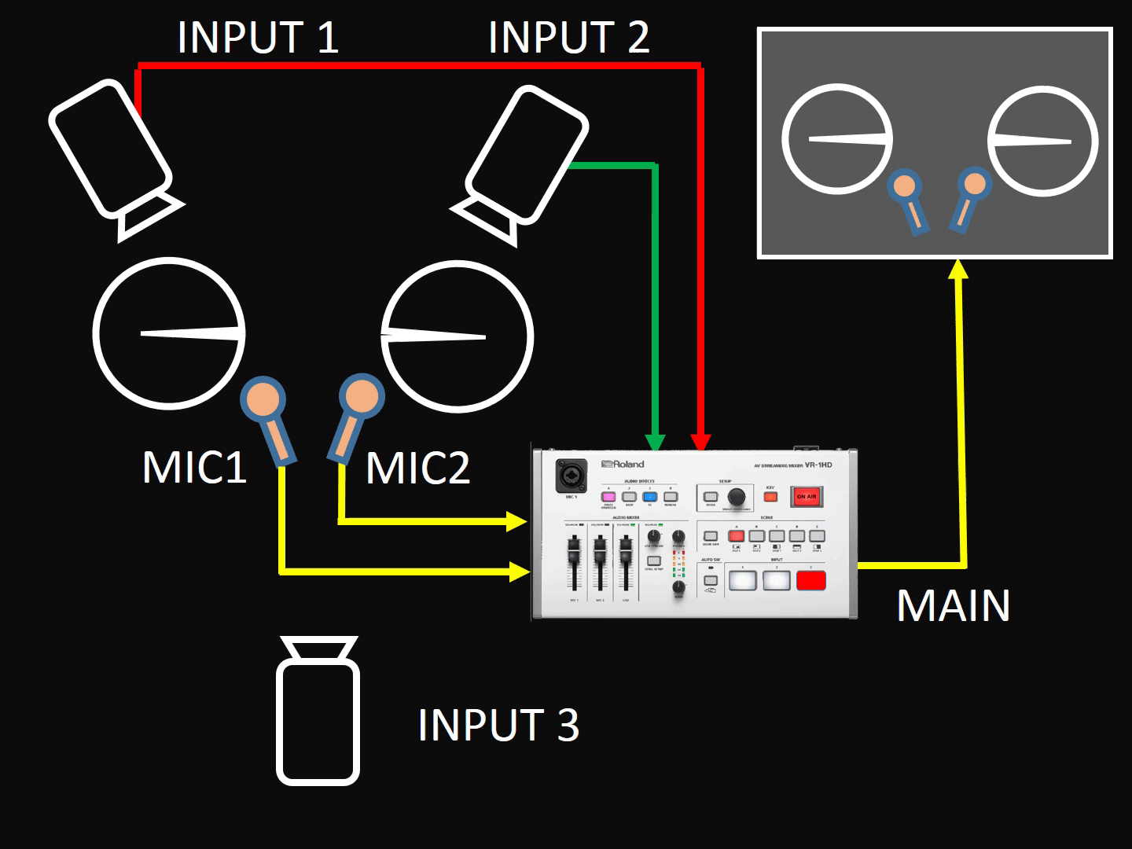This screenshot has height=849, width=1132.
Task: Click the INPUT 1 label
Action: pyautogui.click(x=258, y=38)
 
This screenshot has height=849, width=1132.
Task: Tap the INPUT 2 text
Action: pyautogui.click(x=568, y=38)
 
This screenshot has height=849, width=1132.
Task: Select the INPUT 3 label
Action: pyautogui.click(x=498, y=725)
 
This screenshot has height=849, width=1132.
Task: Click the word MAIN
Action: pyautogui.click(x=953, y=605)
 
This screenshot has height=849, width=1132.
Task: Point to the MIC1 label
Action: pyautogui.click(x=194, y=467)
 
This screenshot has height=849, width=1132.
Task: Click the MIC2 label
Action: pyautogui.click(x=417, y=469)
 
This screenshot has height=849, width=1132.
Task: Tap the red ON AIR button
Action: pyautogui.click(x=807, y=497)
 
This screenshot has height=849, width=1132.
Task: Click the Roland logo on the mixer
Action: pyautogui.click(x=623, y=464)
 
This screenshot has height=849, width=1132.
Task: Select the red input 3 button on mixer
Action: pyautogui.click(x=810, y=581)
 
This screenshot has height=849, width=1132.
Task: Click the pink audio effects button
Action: pyautogui.click(x=608, y=497)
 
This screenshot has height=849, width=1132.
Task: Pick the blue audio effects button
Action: pyautogui.click(x=649, y=497)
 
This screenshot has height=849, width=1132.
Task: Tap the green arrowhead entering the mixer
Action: pyautogui.click(x=655, y=443)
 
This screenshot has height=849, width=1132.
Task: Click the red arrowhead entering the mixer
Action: pyautogui.click(x=701, y=443)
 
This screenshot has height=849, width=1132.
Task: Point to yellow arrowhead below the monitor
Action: pyautogui.click(x=957, y=270)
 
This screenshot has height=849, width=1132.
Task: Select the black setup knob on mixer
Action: pyautogui.click(x=737, y=497)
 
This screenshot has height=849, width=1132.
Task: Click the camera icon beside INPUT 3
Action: pyautogui.click(x=318, y=711)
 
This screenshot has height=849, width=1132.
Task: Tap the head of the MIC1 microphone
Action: pyautogui.click(x=263, y=399)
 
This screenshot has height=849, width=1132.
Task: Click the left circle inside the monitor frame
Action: pyautogui.click(x=838, y=138)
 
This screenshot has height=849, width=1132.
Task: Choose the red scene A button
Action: pyautogui.click(x=736, y=536)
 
